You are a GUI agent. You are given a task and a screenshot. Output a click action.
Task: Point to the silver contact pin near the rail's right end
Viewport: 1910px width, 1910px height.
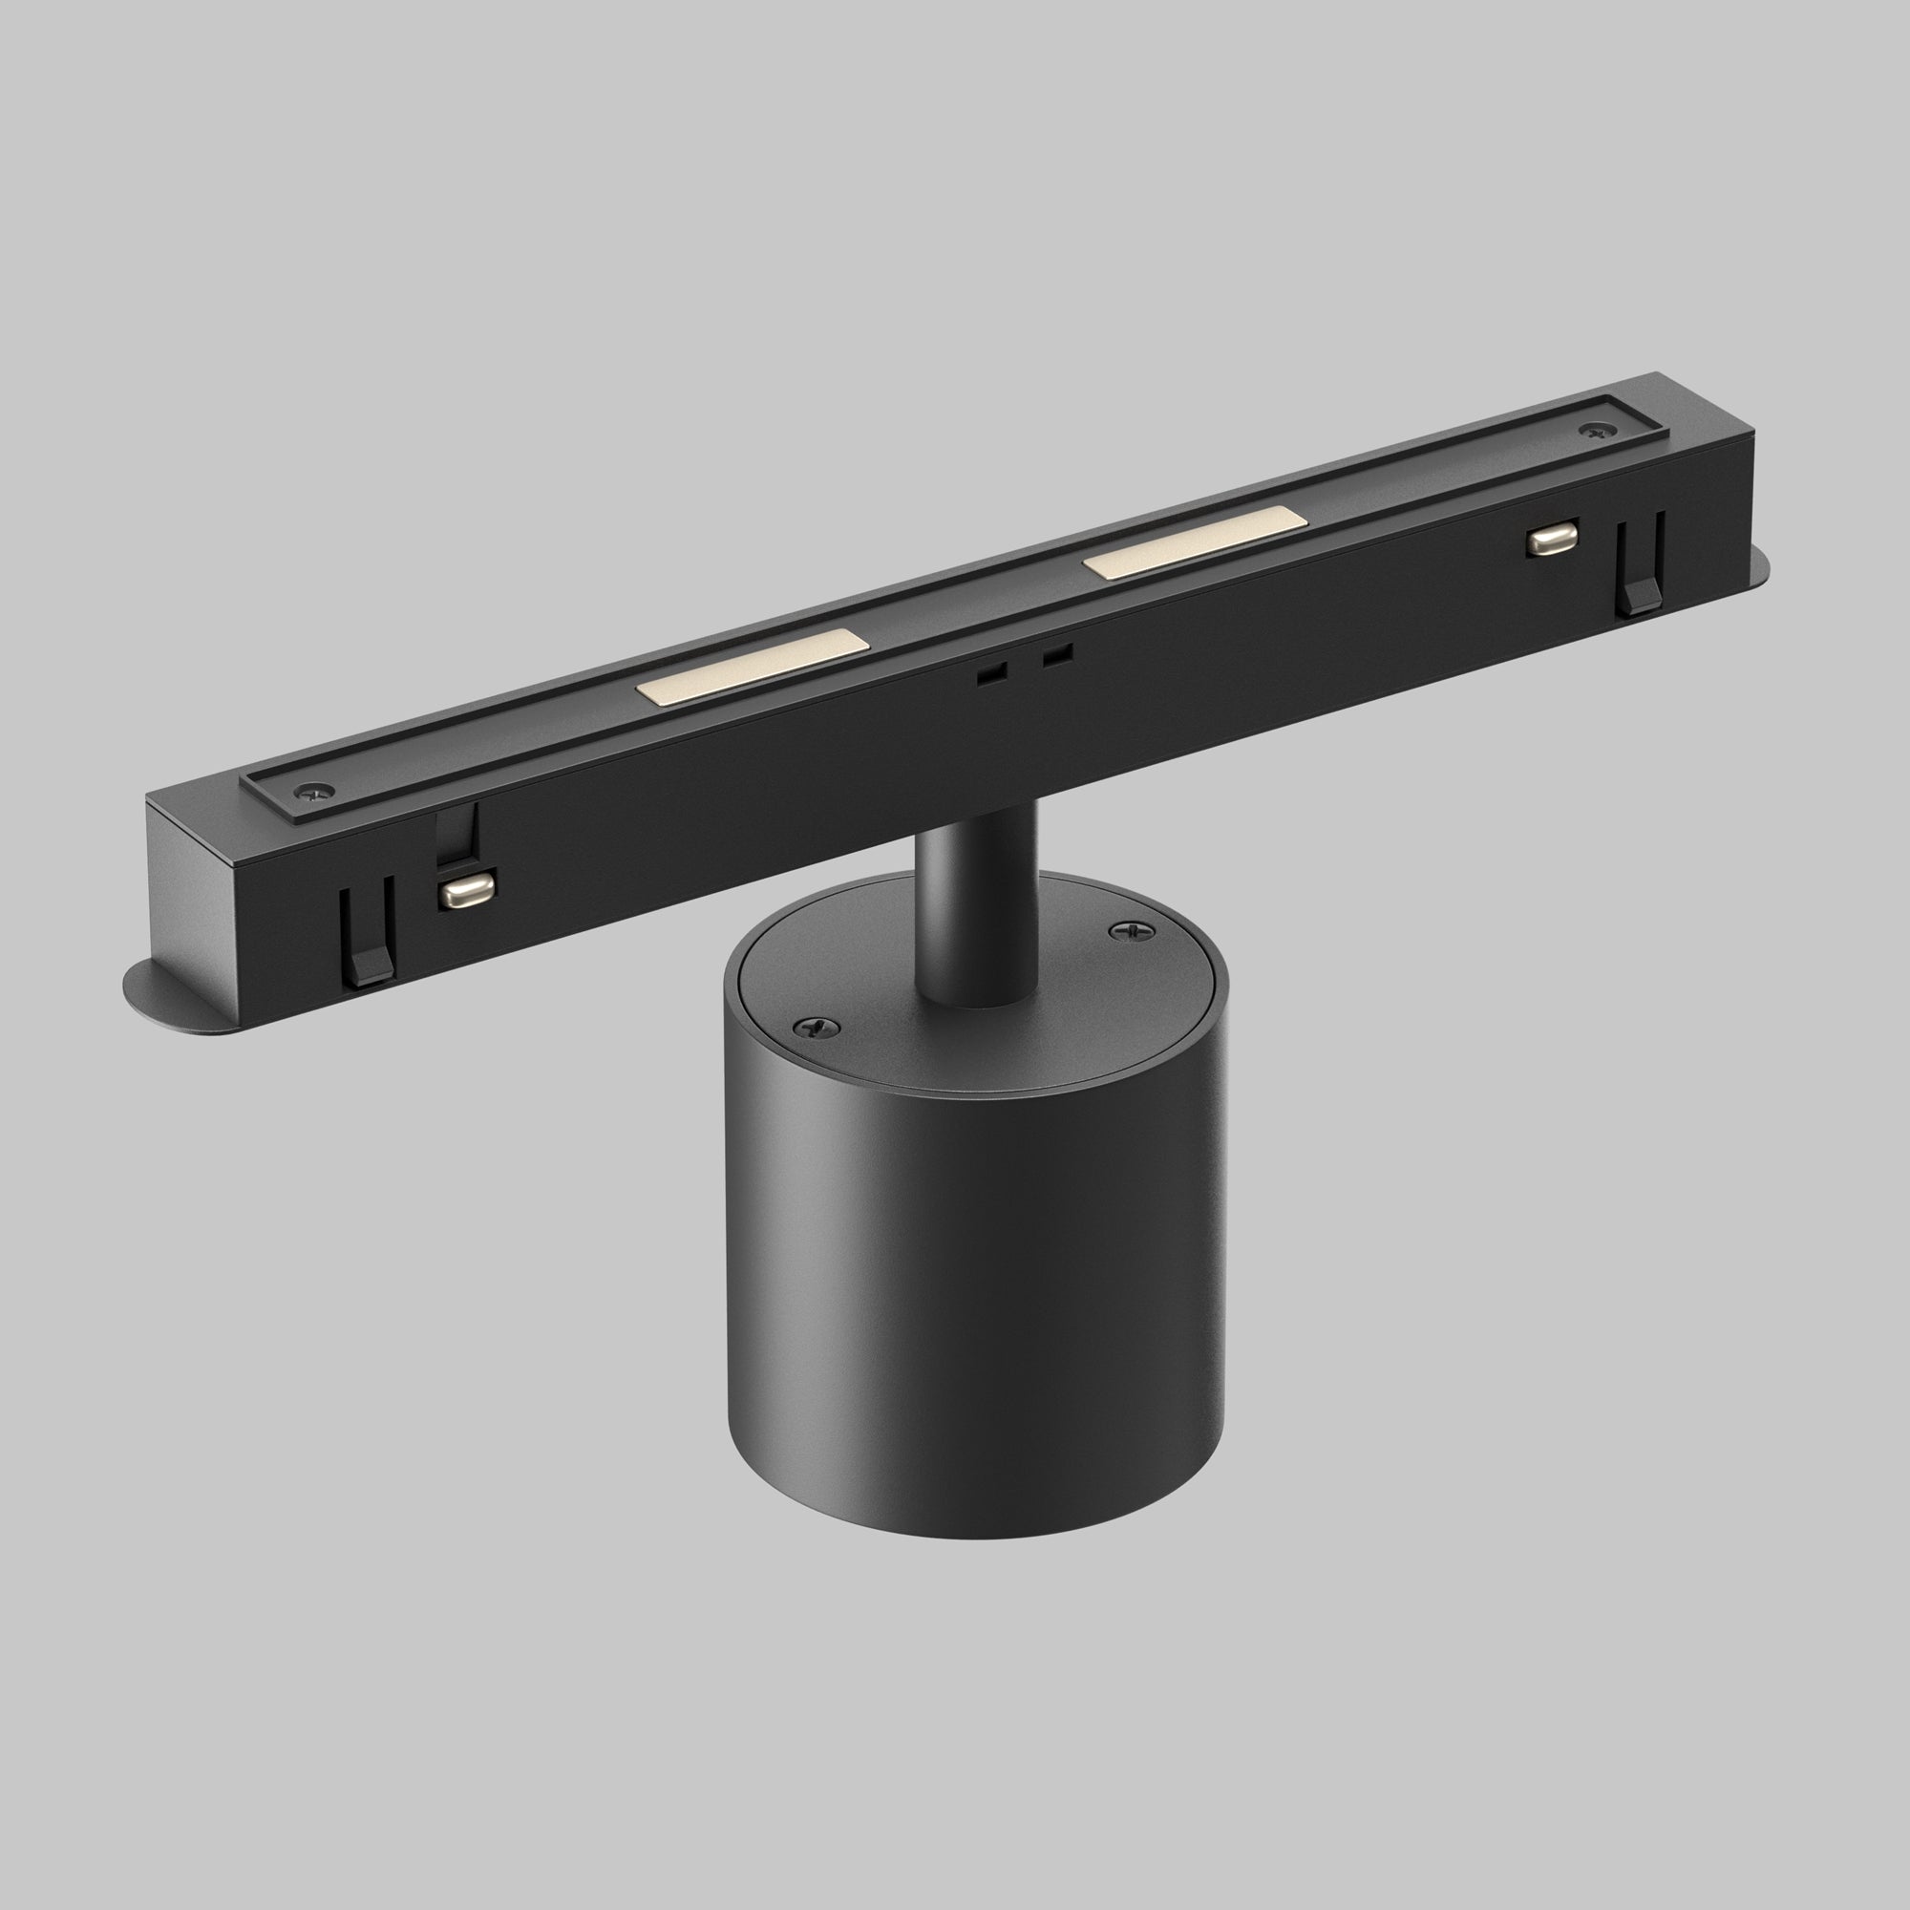[x=1551, y=539]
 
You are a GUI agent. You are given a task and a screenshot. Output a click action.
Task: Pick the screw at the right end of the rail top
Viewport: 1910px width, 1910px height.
[x=1593, y=431]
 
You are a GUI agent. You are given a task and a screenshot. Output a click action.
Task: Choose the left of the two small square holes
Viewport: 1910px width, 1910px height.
[x=991, y=673]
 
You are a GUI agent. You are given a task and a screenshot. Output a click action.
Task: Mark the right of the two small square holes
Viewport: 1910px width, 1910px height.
[x=1057, y=654]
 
